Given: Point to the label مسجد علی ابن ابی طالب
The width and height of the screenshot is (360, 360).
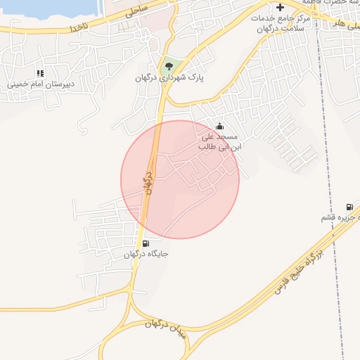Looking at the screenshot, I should click(x=219, y=142).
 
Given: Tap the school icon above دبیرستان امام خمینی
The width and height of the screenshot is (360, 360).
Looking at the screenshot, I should click(x=40, y=72).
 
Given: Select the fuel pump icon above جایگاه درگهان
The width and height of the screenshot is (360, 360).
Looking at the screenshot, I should click(x=146, y=243).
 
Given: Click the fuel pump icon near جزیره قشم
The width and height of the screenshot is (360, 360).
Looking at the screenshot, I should click(x=349, y=207).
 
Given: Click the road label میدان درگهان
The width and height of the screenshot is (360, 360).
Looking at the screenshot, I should click(x=166, y=328).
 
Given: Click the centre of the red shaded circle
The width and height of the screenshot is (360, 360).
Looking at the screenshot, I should click(x=180, y=179).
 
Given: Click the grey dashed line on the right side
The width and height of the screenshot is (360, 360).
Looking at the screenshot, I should click(x=324, y=141).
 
